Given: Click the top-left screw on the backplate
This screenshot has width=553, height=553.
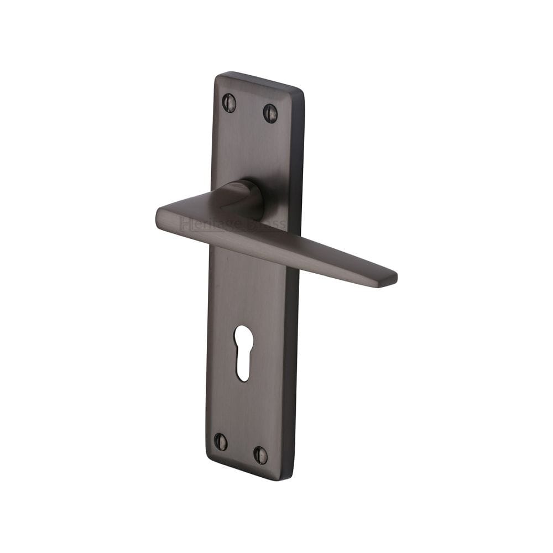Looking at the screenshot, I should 229,102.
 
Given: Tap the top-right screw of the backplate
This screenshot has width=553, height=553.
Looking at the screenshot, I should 270,113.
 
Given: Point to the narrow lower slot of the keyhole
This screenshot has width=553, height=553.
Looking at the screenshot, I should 243,365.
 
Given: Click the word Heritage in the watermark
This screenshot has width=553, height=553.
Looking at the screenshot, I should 203,224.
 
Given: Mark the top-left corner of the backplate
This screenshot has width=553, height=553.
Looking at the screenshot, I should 217,75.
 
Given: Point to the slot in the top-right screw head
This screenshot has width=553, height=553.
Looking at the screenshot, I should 270,113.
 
